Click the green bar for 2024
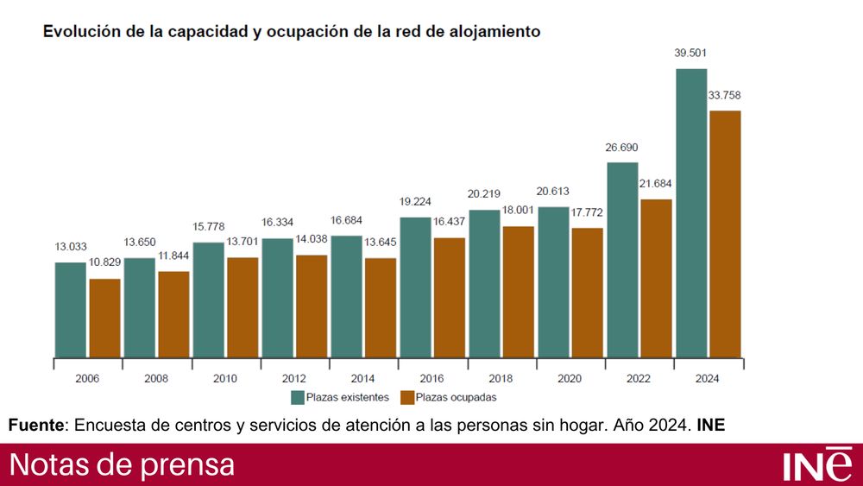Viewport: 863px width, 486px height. pyautogui.click(x=691, y=213)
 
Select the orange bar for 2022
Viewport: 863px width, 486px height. pyautogui.click(x=657, y=278)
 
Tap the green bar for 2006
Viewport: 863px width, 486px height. pyautogui.click(x=71, y=310)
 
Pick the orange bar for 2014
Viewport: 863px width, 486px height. pyautogui.click(x=381, y=307)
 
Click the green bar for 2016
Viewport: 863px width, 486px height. pyautogui.click(x=415, y=287)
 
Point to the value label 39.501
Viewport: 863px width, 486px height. pyautogui.click(x=691, y=54)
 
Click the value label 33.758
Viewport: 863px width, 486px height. pyautogui.click(x=726, y=95)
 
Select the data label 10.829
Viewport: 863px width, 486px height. pyautogui.click(x=105, y=263)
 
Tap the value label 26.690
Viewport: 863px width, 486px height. pyautogui.click(x=622, y=148)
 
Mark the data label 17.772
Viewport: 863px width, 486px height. pyautogui.click(x=588, y=213)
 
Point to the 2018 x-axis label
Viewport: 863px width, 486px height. pyautogui.click(x=501, y=379)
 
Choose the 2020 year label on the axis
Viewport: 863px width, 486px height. pyautogui.click(x=570, y=379)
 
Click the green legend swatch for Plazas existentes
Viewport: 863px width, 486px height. pyautogui.click(x=298, y=398)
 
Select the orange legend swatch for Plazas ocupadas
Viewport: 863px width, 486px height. pyautogui.click(x=407, y=398)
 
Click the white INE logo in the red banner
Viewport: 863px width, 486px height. pyautogui.click(x=817, y=464)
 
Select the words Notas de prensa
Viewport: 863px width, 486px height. pyautogui.click(x=122, y=464)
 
